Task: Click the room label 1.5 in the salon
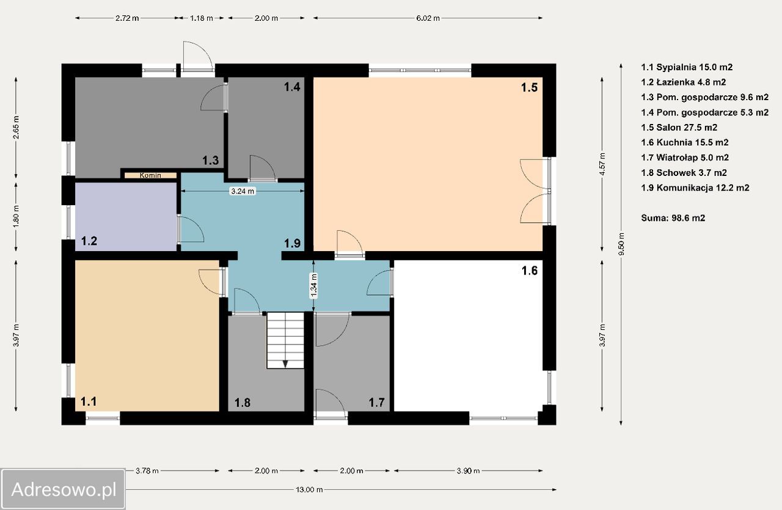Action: [x=529, y=87]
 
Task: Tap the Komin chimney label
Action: [x=150, y=175]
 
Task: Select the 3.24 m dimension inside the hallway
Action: [x=243, y=191]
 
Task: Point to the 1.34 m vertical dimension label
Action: [x=314, y=286]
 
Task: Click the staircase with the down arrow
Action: [x=285, y=340]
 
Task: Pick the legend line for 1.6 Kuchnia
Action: [x=685, y=142]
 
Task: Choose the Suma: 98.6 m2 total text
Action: [x=673, y=218]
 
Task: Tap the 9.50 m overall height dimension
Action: [x=621, y=244]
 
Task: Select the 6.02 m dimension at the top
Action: [x=428, y=18]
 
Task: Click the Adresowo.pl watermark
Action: [x=64, y=489]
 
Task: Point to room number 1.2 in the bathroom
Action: [x=89, y=241]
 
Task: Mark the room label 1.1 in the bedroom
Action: [x=89, y=401]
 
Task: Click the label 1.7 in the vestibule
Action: [x=377, y=403]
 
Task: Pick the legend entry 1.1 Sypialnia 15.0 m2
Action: [x=687, y=67]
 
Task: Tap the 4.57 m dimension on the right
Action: [x=602, y=164]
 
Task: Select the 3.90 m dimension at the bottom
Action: [x=468, y=471]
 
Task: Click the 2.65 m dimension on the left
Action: [x=16, y=127]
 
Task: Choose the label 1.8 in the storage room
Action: [x=243, y=403]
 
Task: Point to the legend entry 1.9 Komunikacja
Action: [x=695, y=188]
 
